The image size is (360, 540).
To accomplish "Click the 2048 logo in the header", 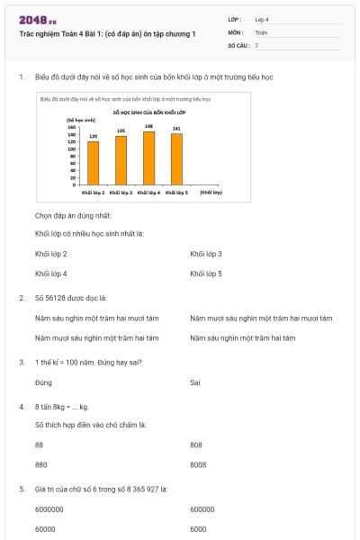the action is [x=37, y=20].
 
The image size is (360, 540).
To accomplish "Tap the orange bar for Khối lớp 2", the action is [x=93, y=162].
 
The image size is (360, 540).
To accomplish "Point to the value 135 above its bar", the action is [x=121, y=130].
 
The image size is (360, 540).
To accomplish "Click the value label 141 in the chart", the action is [x=176, y=129].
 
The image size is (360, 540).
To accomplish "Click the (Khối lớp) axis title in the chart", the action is [x=211, y=192].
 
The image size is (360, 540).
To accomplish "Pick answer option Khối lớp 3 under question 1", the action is [x=206, y=254].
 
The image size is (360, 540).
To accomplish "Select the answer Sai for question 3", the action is [x=195, y=382].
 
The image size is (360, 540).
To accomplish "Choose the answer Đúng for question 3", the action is [x=43, y=382].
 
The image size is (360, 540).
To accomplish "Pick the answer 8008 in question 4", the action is [x=198, y=464].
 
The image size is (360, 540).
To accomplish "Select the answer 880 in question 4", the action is [x=40, y=464].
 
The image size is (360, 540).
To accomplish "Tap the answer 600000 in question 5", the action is [x=202, y=508].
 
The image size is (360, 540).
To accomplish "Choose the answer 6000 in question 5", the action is [x=198, y=528].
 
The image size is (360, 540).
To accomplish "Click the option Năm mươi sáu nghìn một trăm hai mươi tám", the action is [x=261, y=318].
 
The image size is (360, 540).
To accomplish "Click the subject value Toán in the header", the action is [x=261, y=31].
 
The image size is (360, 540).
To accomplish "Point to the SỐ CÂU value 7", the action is [x=256, y=44].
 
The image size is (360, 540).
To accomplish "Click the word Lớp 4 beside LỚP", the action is [x=262, y=19].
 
